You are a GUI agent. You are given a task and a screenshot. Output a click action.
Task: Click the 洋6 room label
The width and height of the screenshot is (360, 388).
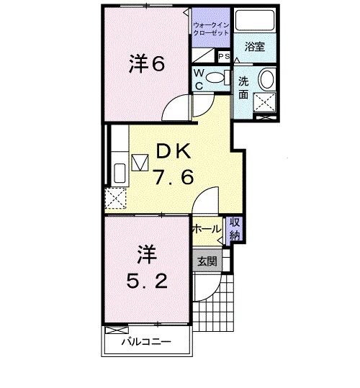(x=147, y=63)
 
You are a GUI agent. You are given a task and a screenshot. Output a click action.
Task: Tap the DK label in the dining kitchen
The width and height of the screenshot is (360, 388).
(x=174, y=151)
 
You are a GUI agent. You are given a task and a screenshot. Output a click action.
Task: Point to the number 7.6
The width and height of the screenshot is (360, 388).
(x=174, y=176)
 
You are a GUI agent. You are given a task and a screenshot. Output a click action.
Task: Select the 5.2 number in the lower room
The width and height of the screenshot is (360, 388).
(x=147, y=281)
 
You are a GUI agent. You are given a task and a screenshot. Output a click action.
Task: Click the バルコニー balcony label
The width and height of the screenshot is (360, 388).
(x=146, y=342)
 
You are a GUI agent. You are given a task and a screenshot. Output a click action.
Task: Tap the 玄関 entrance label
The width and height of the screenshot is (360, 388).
(x=207, y=261)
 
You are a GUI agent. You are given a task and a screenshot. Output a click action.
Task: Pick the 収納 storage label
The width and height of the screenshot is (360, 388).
(x=235, y=229)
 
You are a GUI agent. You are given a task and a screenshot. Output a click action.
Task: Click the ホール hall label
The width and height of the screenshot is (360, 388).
(x=207, y=229)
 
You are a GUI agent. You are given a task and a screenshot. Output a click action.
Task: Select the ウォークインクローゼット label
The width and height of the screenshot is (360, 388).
(x=211, y=29)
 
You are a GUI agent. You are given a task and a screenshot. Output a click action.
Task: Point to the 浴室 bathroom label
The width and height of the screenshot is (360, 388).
(x=255, y=47)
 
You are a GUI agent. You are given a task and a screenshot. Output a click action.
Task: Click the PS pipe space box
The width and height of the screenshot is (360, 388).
(x=224, y=56)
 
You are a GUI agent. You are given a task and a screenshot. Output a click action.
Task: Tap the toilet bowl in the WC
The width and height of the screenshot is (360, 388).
(x=215, y=78)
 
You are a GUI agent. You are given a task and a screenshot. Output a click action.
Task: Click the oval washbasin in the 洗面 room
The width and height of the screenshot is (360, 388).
(x=266, y=79)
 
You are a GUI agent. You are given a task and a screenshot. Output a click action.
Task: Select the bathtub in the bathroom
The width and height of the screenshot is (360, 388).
(x=255, y=20)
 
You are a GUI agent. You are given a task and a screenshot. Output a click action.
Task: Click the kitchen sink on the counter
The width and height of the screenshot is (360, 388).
(x=120, y=173)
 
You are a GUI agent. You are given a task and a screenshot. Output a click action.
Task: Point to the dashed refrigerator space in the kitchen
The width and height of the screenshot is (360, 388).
(x=115, y=198)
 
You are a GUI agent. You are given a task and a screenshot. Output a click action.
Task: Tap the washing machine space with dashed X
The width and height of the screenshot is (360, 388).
(x=265, y=102)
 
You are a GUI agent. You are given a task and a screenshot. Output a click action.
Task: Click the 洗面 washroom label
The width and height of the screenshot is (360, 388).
(x=243, y=88)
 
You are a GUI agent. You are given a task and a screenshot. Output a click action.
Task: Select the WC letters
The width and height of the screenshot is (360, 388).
(x=199, y=79)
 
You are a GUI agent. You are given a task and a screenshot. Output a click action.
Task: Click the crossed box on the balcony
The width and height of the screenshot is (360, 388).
(x=117, y=330)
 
